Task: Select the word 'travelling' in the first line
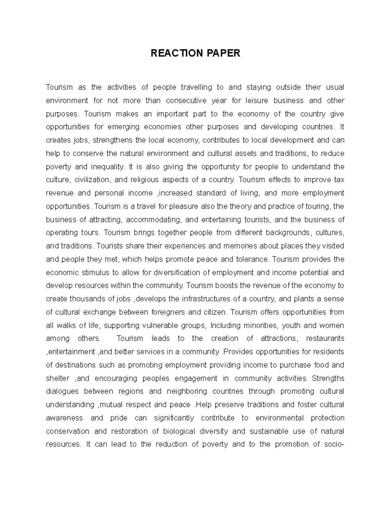click(x=196, y=87)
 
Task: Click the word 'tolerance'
click(x=253, y=260)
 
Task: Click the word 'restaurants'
click(x=325, y=339)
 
